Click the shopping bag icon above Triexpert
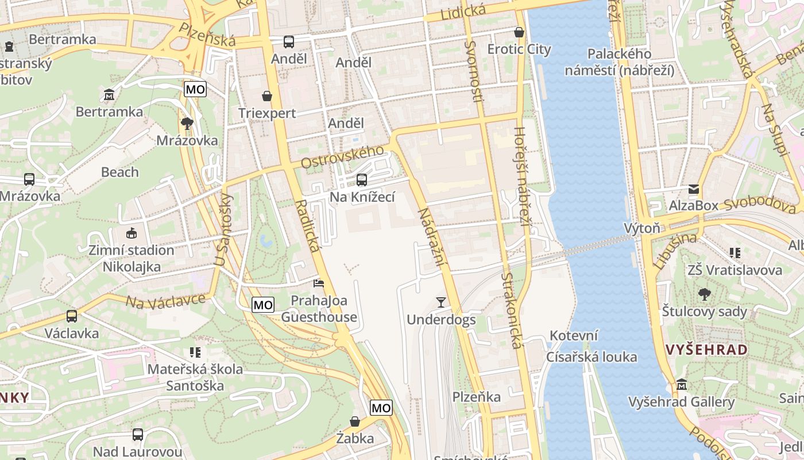pyautogui.click(x=267, y=95)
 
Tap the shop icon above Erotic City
pyautogui.click(x=519, y=32)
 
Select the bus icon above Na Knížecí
pyautogui.click(x=362, y=180)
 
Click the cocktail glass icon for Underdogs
pyautogui.click(x=441, y=302)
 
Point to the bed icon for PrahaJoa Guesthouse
pyautogui.click(x=319, y=283)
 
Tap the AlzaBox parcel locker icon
pyautogui.click(x=694, y=189)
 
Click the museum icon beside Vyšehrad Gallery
pyautogui.click(x=682, y=385)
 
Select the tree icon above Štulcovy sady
pyautogui.click(x=704, y=294)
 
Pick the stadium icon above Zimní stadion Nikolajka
pyautogui.click(x=132, y=233)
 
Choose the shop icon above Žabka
pyautogui.click(x=355, y=421)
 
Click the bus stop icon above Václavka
pyautogui.click(x=72, y=316)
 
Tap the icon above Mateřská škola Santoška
pyautogui.click(x=195, y=352)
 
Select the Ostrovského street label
pyautogui.click(x=342, y=157)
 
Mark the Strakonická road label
pyautogui.click(x=511, y=310)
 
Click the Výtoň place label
pyautogui.click(x=642, y=228)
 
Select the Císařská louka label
pyautogui.click(x=592, y=357)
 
